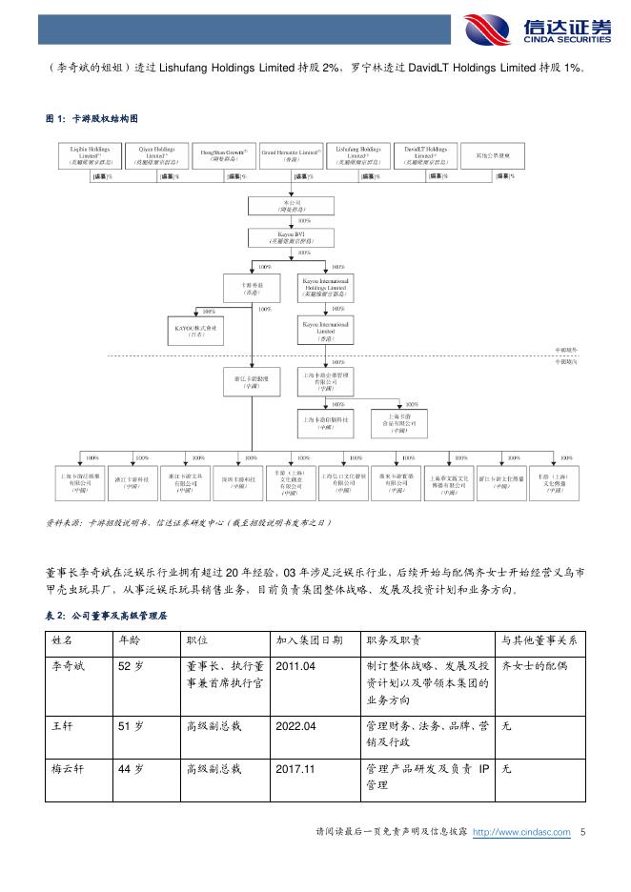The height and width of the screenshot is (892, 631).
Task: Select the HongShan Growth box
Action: tap(223, 156)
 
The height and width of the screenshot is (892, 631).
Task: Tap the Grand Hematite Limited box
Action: tap(292, 156)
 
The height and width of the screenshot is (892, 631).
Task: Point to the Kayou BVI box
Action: tap(292, 236)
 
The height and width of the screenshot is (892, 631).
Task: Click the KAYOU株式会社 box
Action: tap(195, 331)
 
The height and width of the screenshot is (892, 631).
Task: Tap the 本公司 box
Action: tap(292, 206)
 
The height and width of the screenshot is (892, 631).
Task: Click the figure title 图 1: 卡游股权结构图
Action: tap(92, 119)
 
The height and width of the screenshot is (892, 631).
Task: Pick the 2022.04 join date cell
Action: tap(295, 726)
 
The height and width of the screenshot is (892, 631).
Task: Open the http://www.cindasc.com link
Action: tap(521, 832)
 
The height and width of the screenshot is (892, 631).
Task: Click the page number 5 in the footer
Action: tap(582, 832)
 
